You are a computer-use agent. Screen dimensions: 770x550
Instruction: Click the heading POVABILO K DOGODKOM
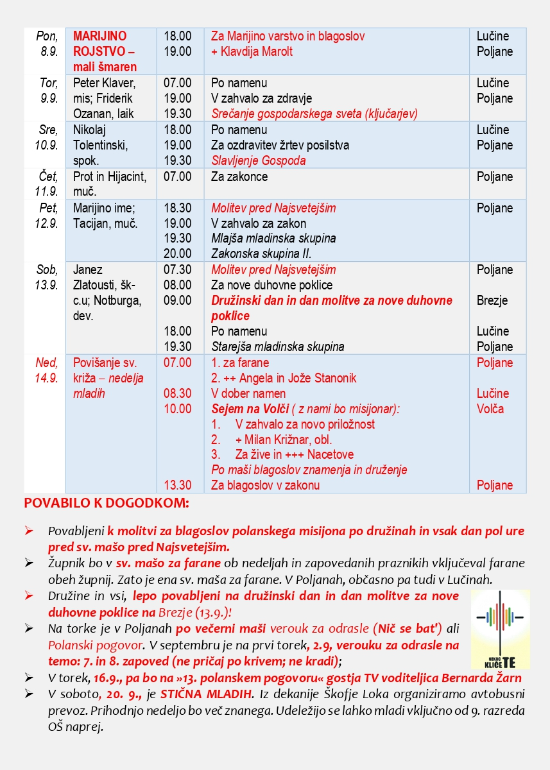107,503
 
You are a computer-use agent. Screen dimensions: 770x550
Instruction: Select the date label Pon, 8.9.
47,44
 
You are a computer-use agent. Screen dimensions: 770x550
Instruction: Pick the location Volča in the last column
490,409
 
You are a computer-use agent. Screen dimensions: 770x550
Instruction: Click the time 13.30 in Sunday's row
177,486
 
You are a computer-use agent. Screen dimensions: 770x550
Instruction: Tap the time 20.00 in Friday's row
177,254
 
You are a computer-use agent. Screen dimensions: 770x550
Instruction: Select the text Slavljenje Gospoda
259,160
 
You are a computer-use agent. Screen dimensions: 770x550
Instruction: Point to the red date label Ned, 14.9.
47,370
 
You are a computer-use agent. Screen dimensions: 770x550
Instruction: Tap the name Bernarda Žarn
483,678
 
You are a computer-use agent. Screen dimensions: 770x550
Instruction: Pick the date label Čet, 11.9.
47,184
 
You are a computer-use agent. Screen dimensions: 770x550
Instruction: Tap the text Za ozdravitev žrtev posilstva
280,145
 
